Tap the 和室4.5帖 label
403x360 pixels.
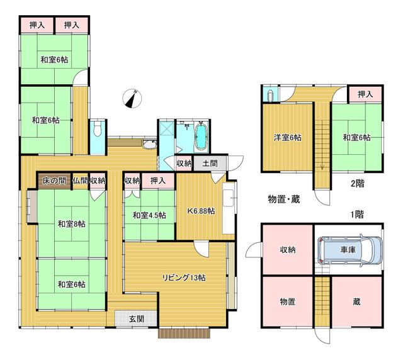pyautogui.click(x=149, y=215)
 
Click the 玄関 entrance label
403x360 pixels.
pyautogui.click(x=137, y=319)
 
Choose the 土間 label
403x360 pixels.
pyautogui.click(x=210, y=163)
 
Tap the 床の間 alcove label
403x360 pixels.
pyautogui.click(x=54, y=181)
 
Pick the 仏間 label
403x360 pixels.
pyautogui.click(x=80, y=181)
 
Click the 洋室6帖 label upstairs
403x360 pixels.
pyautogui.click(x=287, y=138)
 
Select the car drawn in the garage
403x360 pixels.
pyautogui.click(x=349, y=250)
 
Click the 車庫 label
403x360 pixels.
pyautogui.click(x=349, y=250)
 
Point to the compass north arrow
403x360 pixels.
pyautogui.click(x=133, y=99)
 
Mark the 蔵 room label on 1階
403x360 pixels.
pyautogui.click(x=357, y=302)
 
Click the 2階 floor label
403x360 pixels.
pyautogui.click(x=358, y=184)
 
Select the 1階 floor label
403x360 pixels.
pyautogui.click(x=357, y=213)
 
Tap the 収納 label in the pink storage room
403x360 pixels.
pyautogui.click(x=288, y=249)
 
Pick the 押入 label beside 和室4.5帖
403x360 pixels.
pyautogui.click(x=158, y=181)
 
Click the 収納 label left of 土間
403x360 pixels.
pyautogui.click(x=183, y=163)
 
